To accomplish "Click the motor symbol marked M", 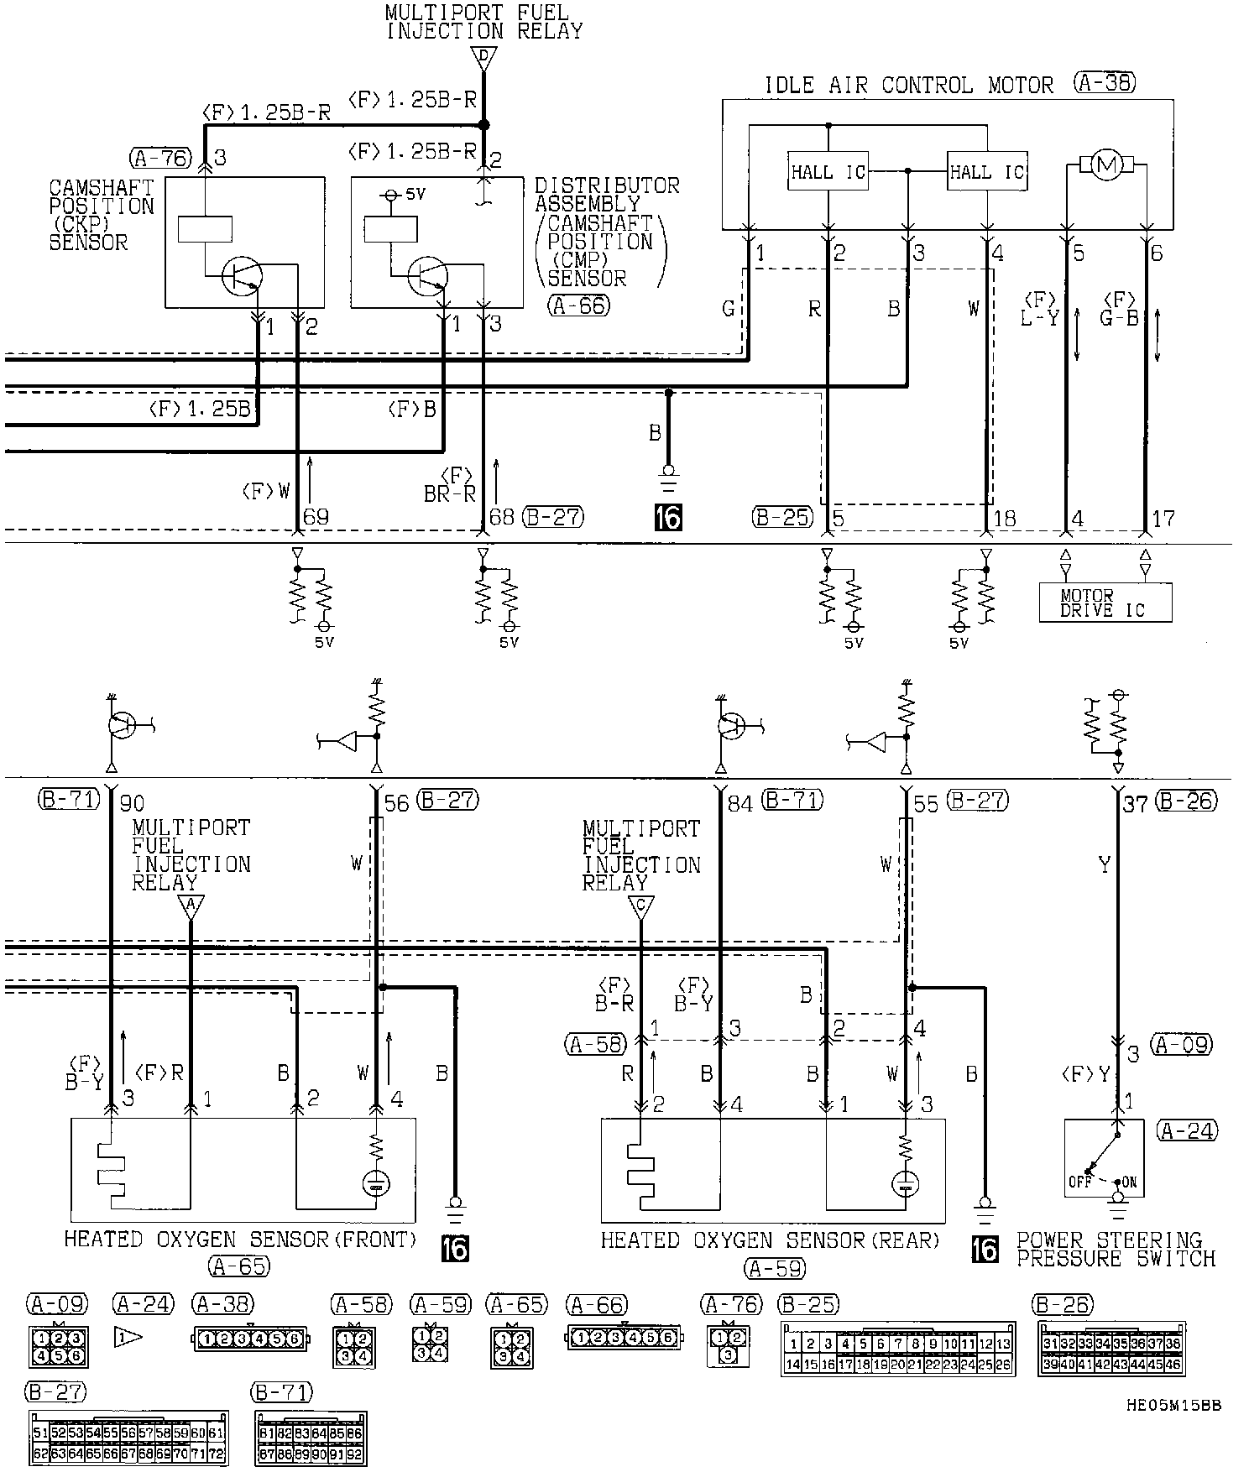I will coord(1105,166).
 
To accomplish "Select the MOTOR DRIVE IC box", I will coord(1105,603).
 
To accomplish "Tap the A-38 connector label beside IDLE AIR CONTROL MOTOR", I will coord(1104,83).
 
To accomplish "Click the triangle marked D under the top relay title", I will coord(483,59).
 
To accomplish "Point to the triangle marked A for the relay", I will coord(191,906).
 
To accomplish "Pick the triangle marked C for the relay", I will coord(640,906).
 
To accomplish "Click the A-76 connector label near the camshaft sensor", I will coord(161,158).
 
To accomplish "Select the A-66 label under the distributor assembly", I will coord(579,306).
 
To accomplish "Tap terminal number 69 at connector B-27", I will coord(316,517).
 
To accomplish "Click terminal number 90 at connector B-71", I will coord(132,803).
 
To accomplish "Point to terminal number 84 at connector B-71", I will coord(739,803).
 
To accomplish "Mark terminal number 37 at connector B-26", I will coord(1135,804).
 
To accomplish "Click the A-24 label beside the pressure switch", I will coord(1186,1130).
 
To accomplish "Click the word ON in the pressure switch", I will coord(1129,1182).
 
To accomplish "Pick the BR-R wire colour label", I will coord(450,494).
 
